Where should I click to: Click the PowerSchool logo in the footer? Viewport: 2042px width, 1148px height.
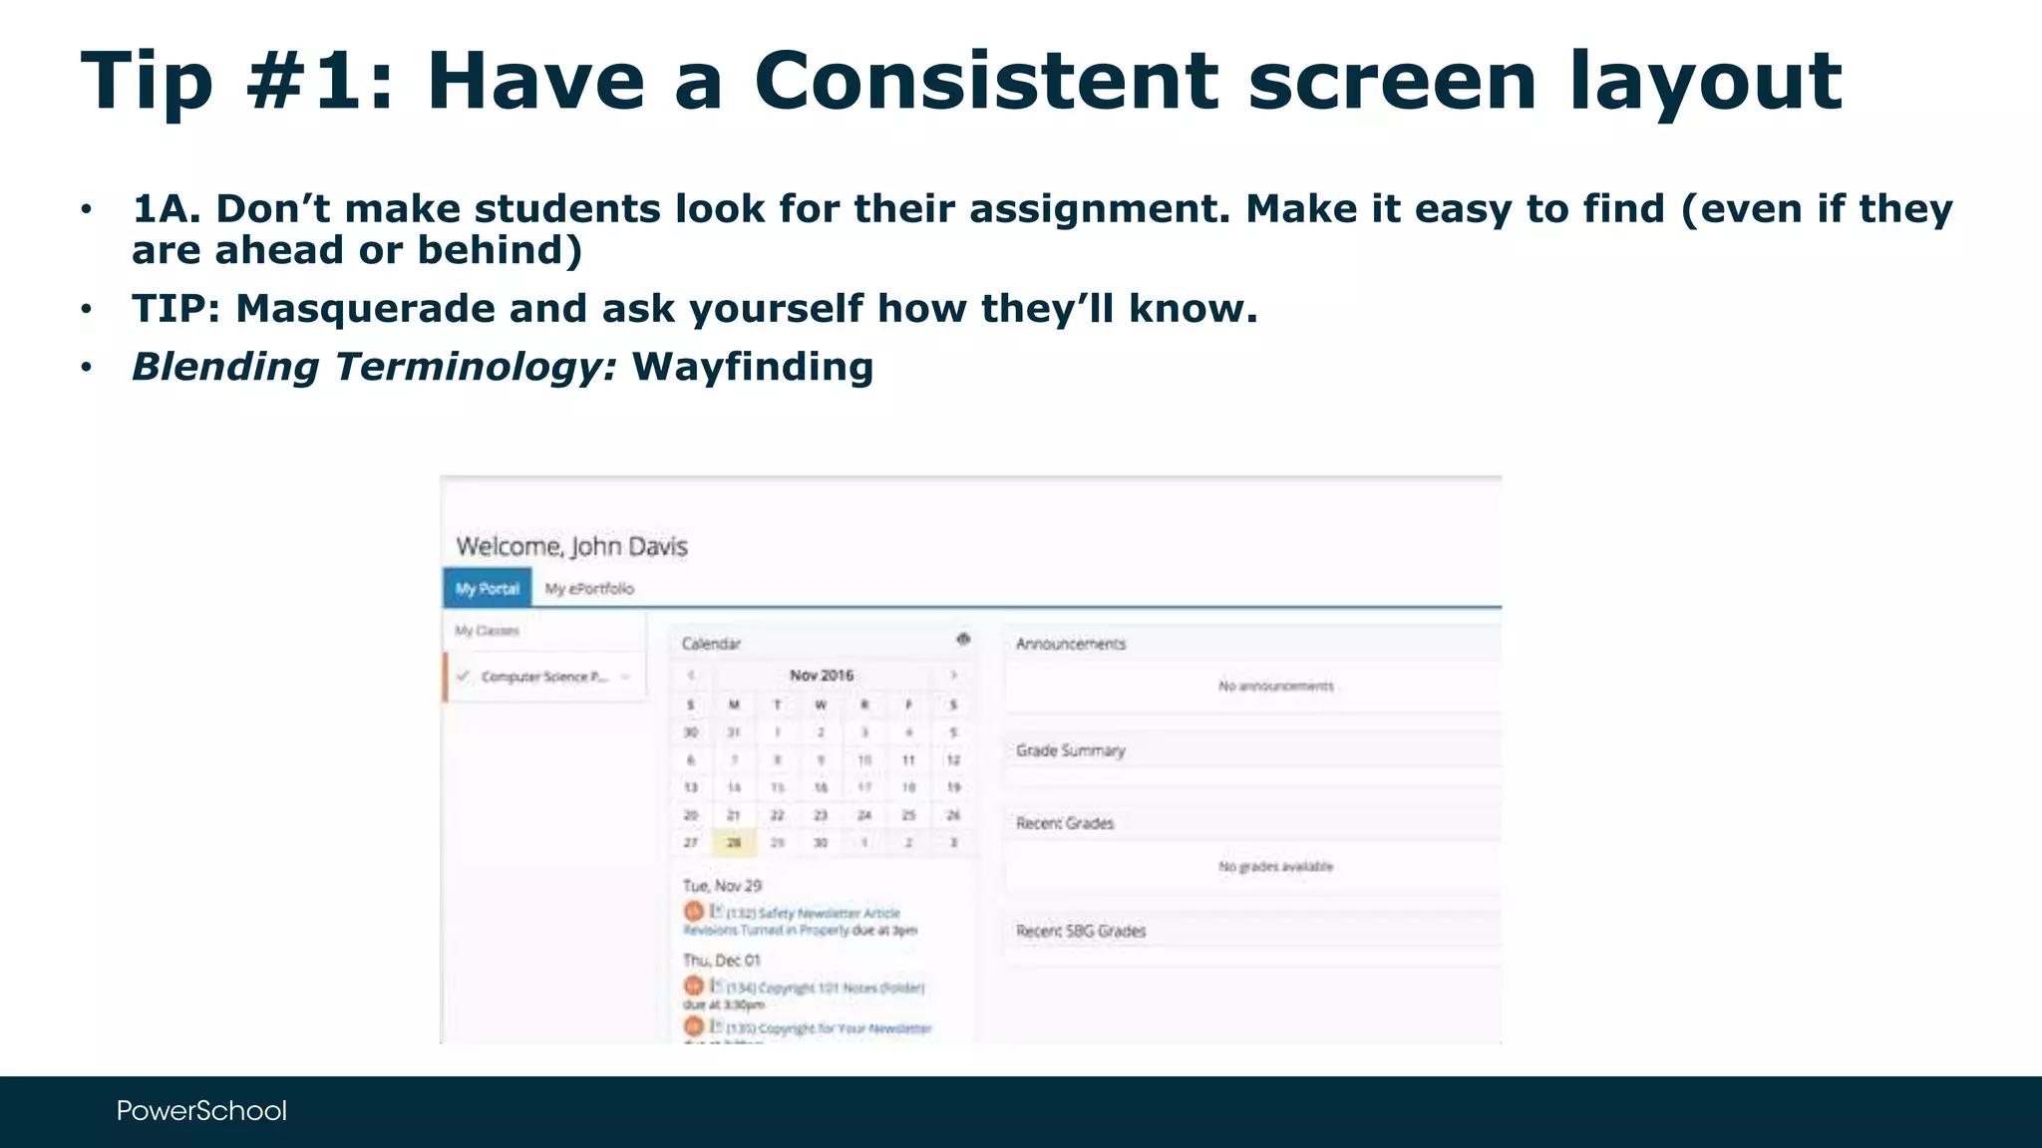click(x=201, y=1110)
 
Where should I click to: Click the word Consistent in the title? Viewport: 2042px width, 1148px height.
click(x=985, y=82)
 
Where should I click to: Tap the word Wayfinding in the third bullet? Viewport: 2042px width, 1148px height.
click(x=753, y=367)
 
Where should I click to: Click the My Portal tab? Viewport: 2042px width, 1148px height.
click(x=488, y=589)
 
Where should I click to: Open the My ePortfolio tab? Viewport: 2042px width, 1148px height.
click(x=589, y=589)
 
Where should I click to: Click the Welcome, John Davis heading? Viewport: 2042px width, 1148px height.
click(x=571, y=546)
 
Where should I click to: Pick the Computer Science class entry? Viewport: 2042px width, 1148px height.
click(x=543, y=677)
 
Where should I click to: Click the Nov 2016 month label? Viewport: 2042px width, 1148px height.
click(x=822, y=675)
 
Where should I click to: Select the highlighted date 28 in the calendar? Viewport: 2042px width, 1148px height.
click(x=734, y=843)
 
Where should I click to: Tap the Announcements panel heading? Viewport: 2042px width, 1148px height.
click(x=1071, y=644)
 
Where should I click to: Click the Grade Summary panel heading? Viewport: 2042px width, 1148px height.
click(x=1070, y=750)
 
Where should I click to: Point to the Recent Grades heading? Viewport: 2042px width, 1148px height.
click(x=1065, y=823)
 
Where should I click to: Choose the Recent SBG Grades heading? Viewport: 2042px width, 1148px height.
click(x=1081, y=931)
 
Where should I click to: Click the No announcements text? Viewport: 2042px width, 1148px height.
click(x=1275, y=686)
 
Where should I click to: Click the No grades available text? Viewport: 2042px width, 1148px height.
click(x=1275, y=867)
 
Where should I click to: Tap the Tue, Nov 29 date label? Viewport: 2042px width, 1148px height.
click(x=722, y=885)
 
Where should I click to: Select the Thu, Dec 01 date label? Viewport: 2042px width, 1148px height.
click(x=722, y=960)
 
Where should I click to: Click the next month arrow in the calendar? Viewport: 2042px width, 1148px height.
click(x=954, y=675)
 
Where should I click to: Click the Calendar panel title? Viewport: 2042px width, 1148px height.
click(x=711, y=644)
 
